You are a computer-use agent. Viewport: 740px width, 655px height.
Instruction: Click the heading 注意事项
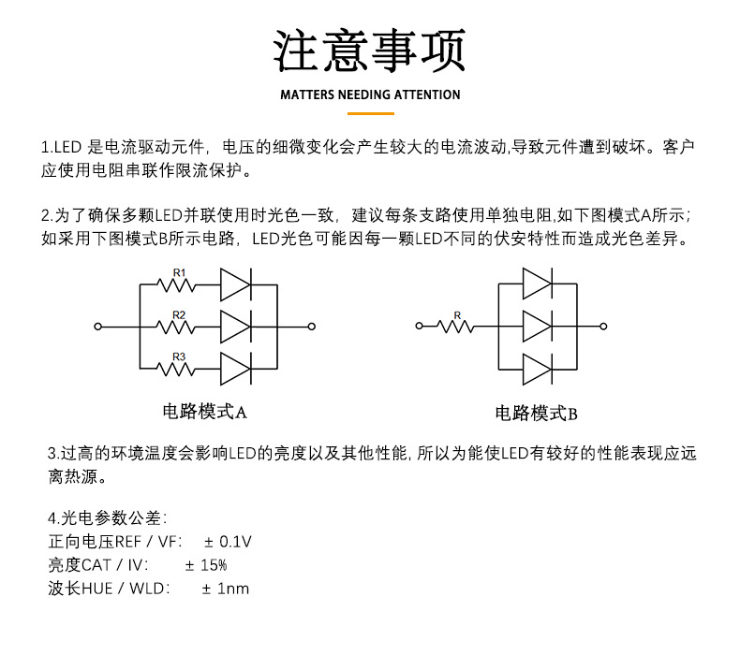369,51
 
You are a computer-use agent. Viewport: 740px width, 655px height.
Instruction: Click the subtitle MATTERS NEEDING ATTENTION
370,95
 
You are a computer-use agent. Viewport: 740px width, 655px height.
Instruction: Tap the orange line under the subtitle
370,113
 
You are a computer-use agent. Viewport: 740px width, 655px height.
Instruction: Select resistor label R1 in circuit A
179,272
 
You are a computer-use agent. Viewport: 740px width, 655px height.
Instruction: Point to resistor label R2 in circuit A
179,314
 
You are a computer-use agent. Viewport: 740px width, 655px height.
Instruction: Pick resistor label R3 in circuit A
179,357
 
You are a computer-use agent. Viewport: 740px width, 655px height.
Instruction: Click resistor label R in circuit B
457,315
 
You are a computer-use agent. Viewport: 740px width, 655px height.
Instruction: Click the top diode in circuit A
236,284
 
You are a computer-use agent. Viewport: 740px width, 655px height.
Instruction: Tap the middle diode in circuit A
236,326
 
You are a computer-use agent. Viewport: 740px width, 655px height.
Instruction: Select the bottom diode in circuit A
236,368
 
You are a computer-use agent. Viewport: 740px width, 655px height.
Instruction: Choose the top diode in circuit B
538,284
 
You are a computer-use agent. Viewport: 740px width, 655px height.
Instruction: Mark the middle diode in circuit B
538,326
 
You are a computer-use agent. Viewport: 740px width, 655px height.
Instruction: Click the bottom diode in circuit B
538,368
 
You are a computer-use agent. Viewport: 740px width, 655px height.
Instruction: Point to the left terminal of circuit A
97,327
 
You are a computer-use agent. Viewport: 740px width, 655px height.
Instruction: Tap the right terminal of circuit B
604,327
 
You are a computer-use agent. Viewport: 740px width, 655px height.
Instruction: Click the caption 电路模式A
205,411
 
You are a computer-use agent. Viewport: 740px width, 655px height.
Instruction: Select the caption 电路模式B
536,413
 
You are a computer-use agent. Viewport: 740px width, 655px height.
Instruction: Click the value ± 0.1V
228,542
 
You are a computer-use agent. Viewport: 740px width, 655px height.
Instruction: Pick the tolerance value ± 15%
206,565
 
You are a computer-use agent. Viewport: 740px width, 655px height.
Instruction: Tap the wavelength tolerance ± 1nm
226,589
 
